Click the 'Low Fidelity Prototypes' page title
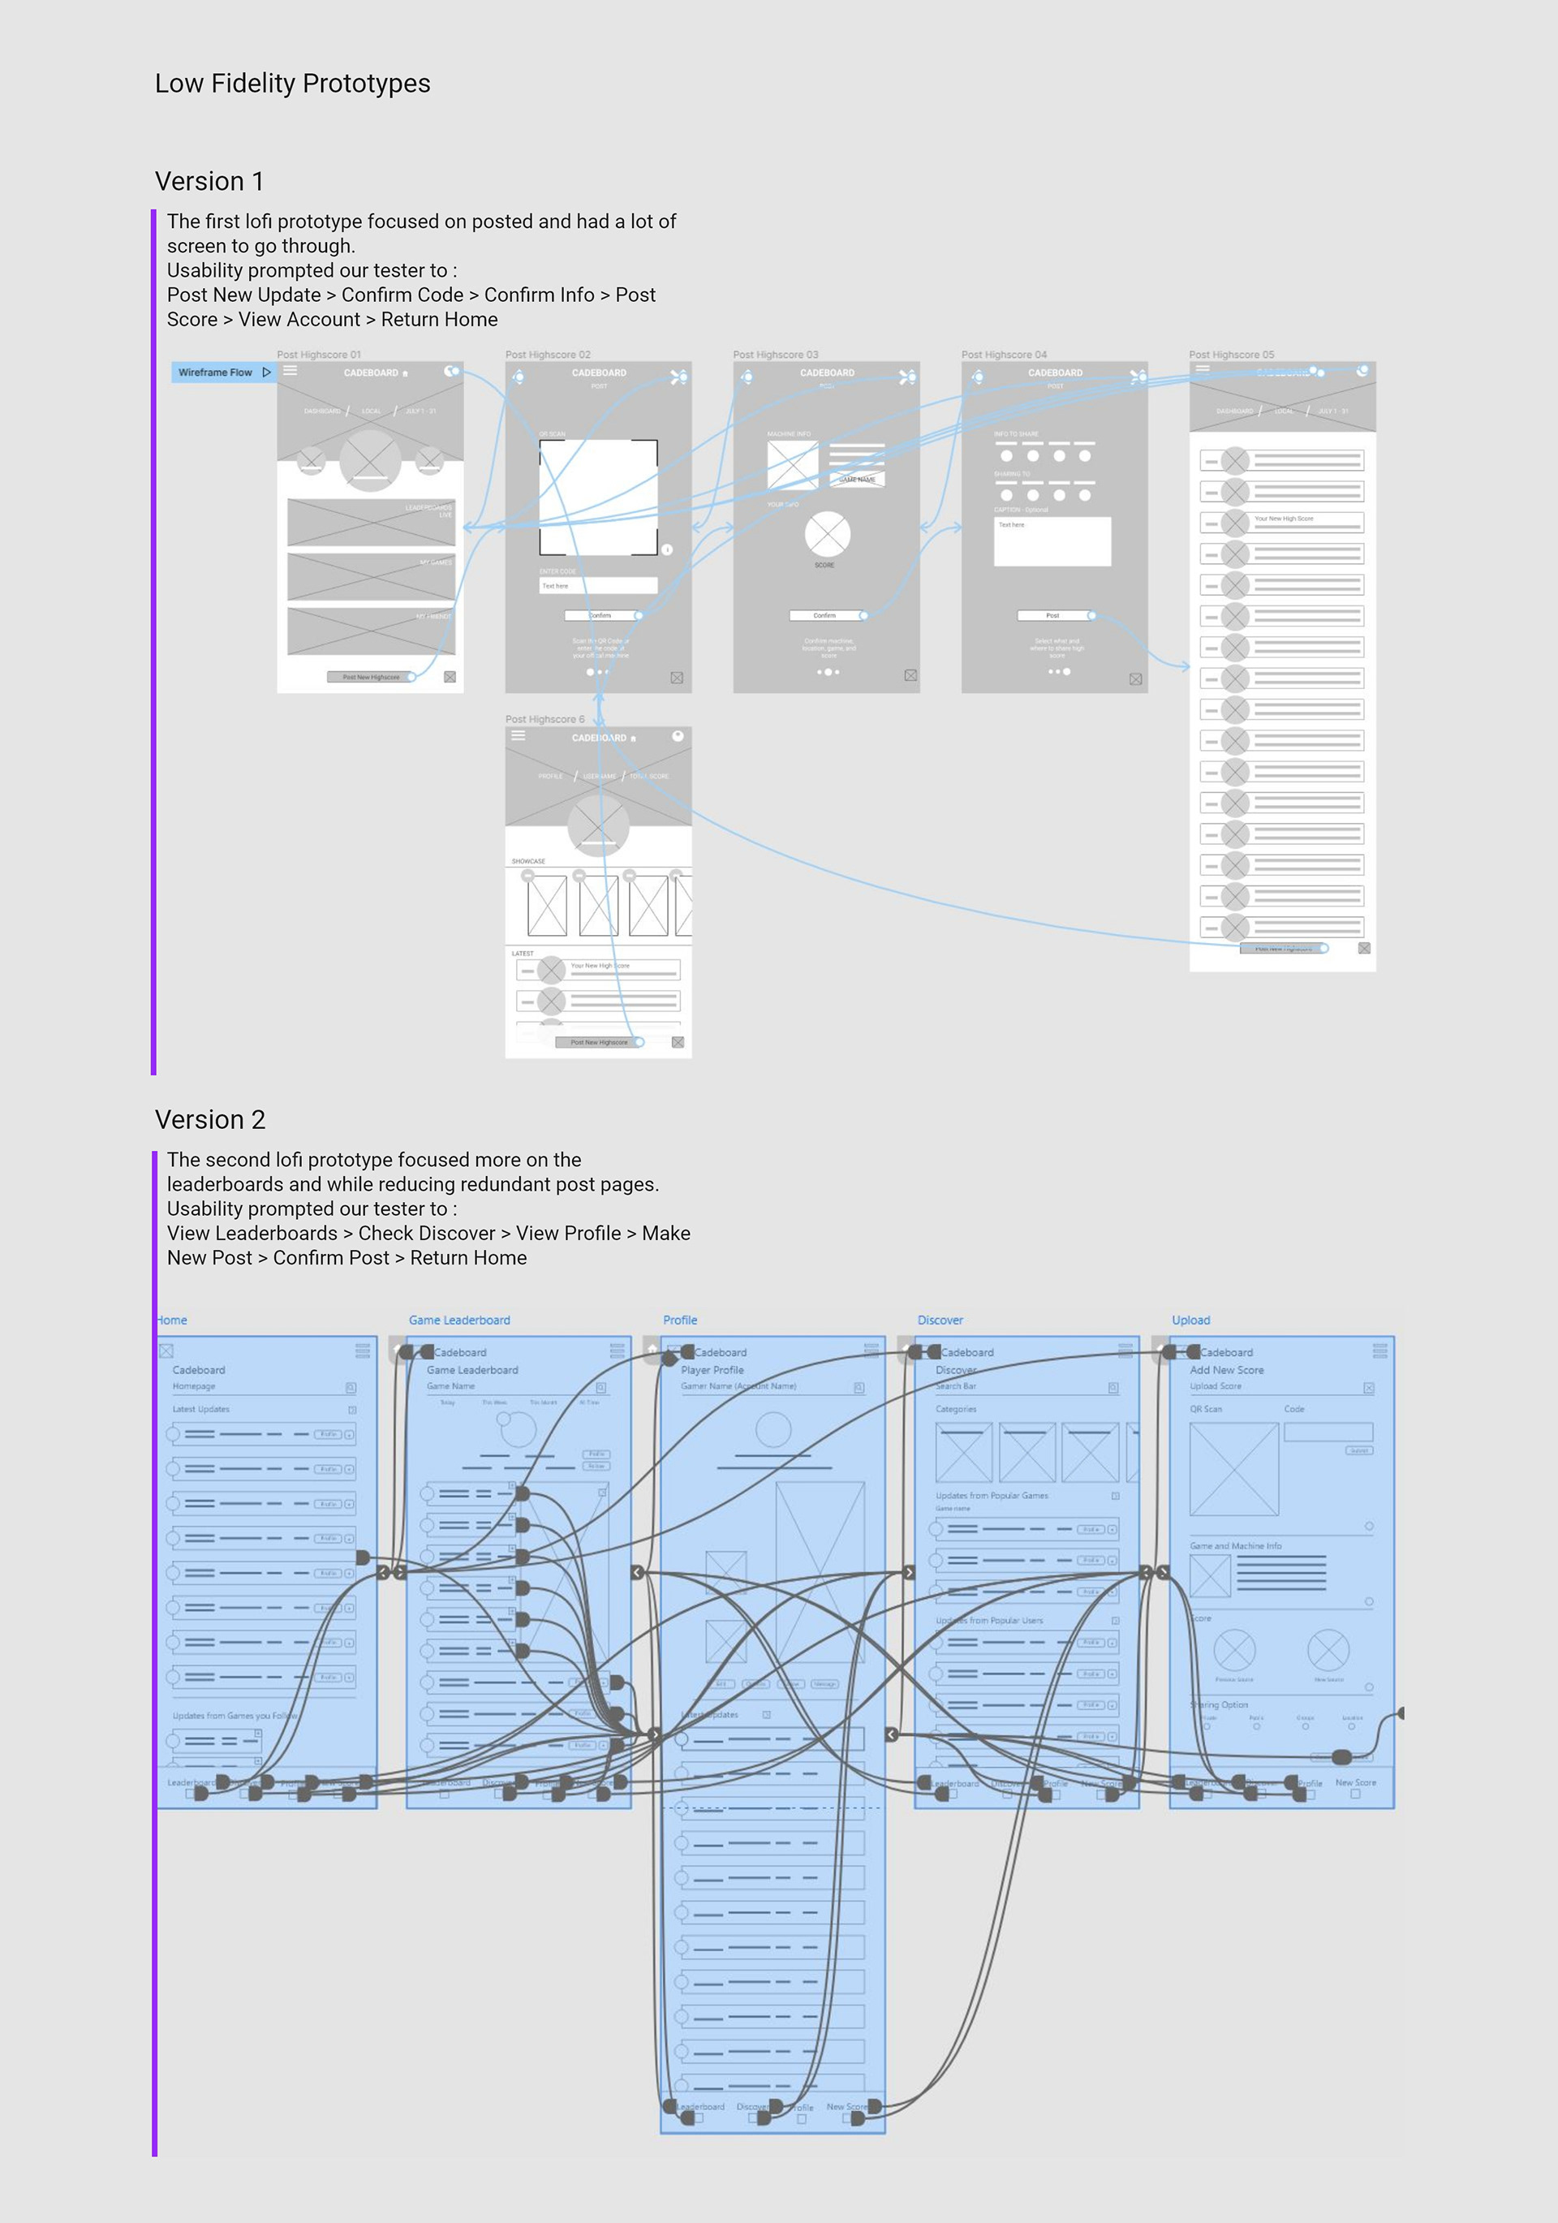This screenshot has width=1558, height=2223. (x=292, y=84)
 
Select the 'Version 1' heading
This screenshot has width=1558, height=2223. (x=209, y=181)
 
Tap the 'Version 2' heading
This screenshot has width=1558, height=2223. (x=210, y=1119)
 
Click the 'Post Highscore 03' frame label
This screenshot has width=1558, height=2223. (x=775, y=355)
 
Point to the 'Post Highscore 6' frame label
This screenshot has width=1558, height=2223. (x=544, y=719)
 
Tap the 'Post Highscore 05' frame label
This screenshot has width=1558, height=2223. (x=1231, y=355)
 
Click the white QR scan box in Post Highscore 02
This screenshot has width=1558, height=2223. (x=597, y=496)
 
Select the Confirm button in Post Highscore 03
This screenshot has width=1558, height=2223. (x=825, y=615)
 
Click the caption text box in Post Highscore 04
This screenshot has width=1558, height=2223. (x=1052, y=541)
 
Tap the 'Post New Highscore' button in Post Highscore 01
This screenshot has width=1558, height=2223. (x=371, y=677)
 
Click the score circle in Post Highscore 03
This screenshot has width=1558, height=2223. (x=827, y=532)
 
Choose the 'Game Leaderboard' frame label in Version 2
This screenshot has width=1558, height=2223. (x=459, y=1320)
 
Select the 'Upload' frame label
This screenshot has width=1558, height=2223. (x=1190, y=1320)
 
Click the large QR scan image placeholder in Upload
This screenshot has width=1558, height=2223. (x=1233, y=1469)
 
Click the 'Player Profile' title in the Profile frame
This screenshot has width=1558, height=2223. (x=712, y=1370)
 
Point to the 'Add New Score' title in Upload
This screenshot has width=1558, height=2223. (x=1226, y=1370)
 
